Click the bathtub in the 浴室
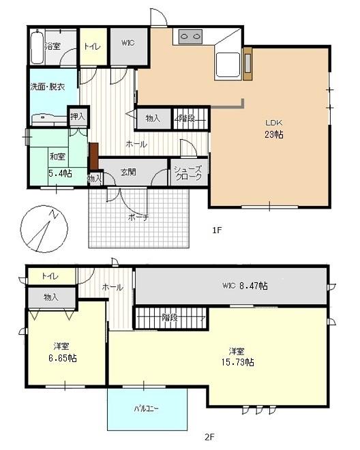tap(37, 46)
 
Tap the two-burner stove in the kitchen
tap(190, 37)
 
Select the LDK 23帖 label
tap(274, 129)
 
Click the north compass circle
tap(44, 229)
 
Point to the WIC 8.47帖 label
tap(245, 286)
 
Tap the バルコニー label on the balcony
tap(146, 408)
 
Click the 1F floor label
tap(217, 230)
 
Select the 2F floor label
tap(209, 437)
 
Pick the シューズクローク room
tap(189, 172)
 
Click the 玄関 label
tap(128, 172)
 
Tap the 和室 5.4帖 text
tap(59, 165)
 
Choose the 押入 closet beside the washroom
tap(78, 116)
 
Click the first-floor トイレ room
tap(93, 46)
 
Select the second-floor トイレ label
tap(50, 276)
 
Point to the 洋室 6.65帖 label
tap(62, 352)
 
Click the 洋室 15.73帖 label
tap(237, 357)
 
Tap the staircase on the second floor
tap(171, 318)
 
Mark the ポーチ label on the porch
tap(138, 217)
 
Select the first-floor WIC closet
tap(129, 46)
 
